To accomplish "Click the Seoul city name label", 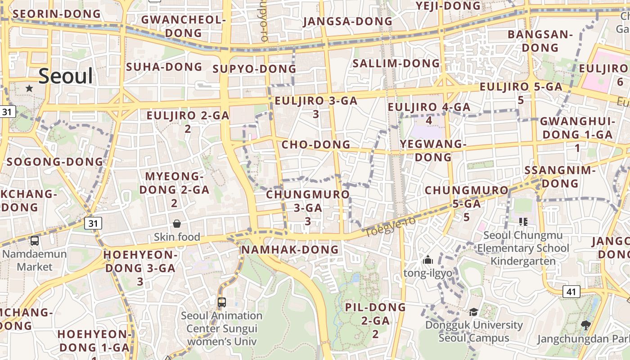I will pos(66,76).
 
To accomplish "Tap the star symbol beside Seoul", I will pos(29,88).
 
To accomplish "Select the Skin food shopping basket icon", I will pos(177,224).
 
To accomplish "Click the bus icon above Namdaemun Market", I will pos(35,241).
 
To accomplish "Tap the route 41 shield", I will pos(571,292).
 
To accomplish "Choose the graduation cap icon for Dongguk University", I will pos(473,312).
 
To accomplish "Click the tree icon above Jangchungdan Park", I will pos(585,325).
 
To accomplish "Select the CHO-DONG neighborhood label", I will pos(316,145).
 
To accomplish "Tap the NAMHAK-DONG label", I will pos(290,250).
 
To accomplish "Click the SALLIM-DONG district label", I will pos(396,63).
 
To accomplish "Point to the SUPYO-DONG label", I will pos(254,69).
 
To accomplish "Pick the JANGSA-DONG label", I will pos(348,22).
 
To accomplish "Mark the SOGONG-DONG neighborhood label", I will pos(55,162).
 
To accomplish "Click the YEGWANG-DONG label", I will pos(433,151).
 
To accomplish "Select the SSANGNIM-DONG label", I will pos(560,177).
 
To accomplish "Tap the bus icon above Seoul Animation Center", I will pos(221,302).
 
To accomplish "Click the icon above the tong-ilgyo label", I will pos(428,260).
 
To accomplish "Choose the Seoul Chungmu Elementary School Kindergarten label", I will pos(523,248).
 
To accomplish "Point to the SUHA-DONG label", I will pos(164,67).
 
